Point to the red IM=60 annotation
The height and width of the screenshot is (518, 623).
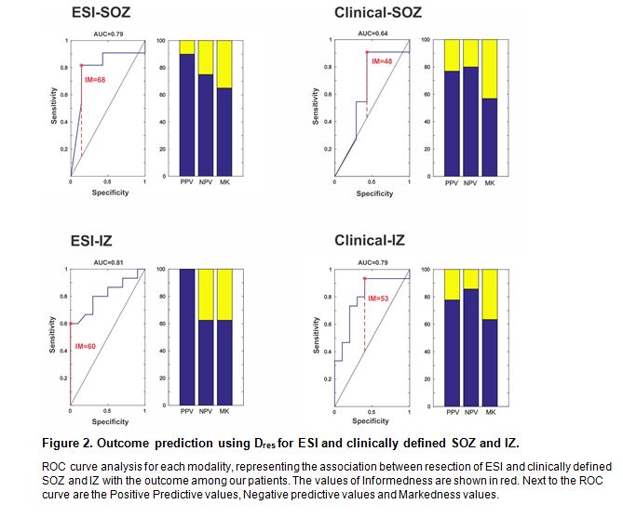(86, 346)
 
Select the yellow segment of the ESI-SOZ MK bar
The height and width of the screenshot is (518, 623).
(223, 63)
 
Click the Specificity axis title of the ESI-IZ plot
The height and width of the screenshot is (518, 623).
(110, 421)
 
